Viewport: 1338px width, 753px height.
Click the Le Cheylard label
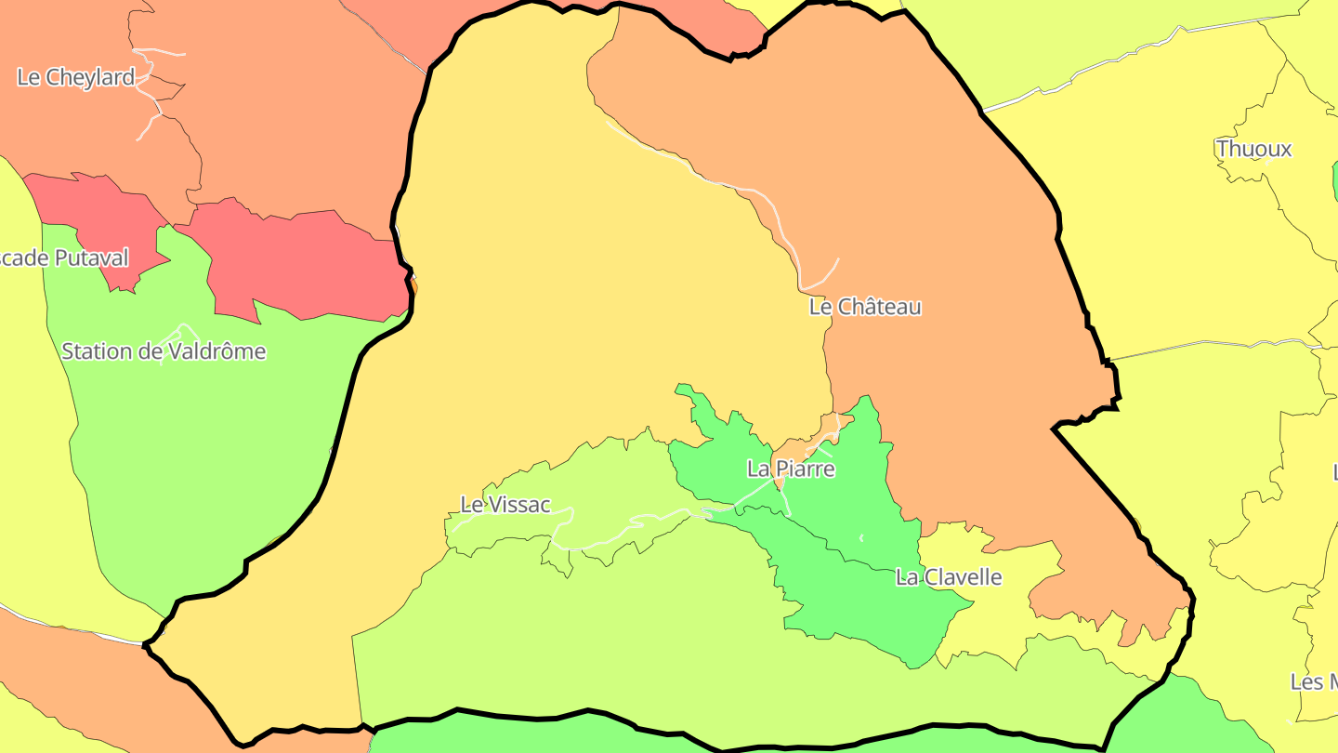(x=76, y=77)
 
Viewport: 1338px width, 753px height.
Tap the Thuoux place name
(x=1253, y=149)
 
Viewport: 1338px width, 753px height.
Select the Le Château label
(x=865, y=307)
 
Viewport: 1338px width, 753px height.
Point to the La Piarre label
(x=791, y=469)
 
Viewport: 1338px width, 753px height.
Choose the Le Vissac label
(x=505, y=505)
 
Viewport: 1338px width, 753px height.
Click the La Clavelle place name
(x=949, y=577)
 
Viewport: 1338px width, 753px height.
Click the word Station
(x=98, y=351)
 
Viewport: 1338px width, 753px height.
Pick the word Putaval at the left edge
(x=90, y=258)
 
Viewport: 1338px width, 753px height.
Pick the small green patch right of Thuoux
(x=1335, y=181)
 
